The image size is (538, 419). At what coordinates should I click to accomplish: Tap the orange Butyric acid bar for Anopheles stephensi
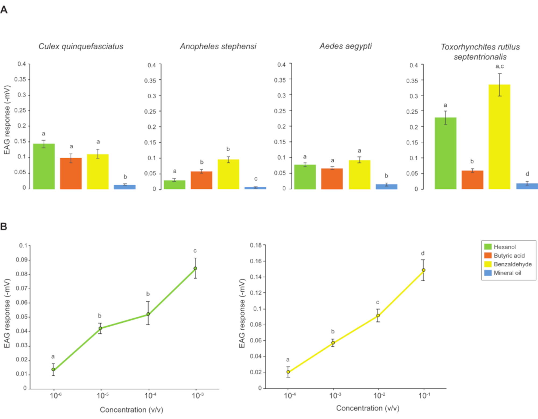coord(201,180)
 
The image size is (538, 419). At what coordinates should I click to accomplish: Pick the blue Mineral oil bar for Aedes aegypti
coord(386,187)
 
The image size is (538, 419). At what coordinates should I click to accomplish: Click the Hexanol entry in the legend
coord(505,247)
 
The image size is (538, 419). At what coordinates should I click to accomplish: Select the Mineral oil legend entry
coord(507,273)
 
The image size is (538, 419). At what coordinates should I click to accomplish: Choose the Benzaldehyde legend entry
coord(512,264)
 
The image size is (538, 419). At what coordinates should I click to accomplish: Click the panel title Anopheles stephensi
coord(218,46)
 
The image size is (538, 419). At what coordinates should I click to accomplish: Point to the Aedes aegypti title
coord(346,46)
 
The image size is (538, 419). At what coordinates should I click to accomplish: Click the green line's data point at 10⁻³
coord(195,268)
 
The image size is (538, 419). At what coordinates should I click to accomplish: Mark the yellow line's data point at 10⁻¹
coord(423,270)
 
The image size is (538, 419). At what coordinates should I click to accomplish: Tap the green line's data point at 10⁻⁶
coord(53,369)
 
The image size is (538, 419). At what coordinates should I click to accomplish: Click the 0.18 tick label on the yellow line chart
coord(256,245)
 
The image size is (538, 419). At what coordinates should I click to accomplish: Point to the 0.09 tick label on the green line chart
coord(22,260)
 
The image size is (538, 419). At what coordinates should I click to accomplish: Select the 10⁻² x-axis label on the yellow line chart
coord(379,396)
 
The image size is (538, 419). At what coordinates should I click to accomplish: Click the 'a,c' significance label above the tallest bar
coord(500,66)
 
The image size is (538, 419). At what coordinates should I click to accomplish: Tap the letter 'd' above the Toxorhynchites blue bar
coord(527,174)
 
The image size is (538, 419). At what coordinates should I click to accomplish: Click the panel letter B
coord(4,226)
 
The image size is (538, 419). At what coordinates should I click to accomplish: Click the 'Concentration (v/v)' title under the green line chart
coord(131,410)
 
